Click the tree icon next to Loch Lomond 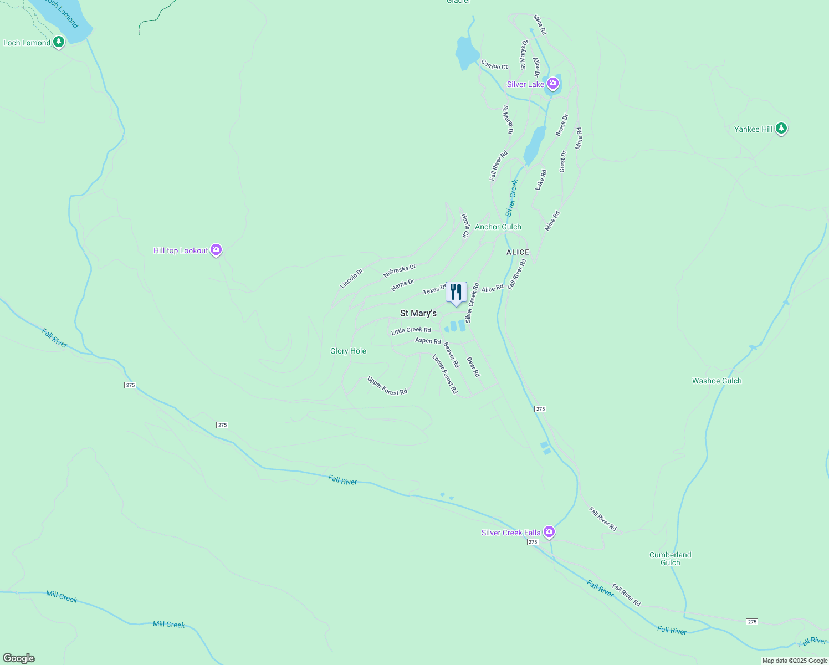[58, 42]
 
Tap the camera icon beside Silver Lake [552, 84]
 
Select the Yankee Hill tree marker [781, 129]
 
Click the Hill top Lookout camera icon [216, 250]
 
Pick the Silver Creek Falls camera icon [549, 532]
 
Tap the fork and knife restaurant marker [456, 292]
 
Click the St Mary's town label [418, 313]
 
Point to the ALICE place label [518, 252]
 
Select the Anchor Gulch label [498, 227]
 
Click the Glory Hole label [348, 351]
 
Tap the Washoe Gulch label [717, 381]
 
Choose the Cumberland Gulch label [670, 559]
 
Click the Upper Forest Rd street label [387, 386]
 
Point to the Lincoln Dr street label [351, 278]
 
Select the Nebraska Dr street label [399, 271]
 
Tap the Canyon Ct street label [494, 65]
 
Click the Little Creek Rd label [411, 331]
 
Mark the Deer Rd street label [473, 367]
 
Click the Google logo [19, 658]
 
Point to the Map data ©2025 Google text [795, 661]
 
